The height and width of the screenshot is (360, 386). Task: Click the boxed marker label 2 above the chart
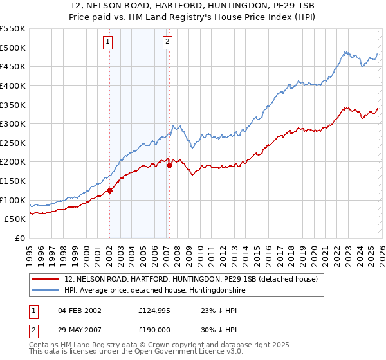[167, 42]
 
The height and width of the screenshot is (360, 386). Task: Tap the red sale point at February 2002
[109, 190]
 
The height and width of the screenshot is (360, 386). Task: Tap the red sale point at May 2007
[169, 165]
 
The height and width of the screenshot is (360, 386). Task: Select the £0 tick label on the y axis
[19, 238]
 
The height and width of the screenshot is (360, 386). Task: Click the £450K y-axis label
[13, 66]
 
